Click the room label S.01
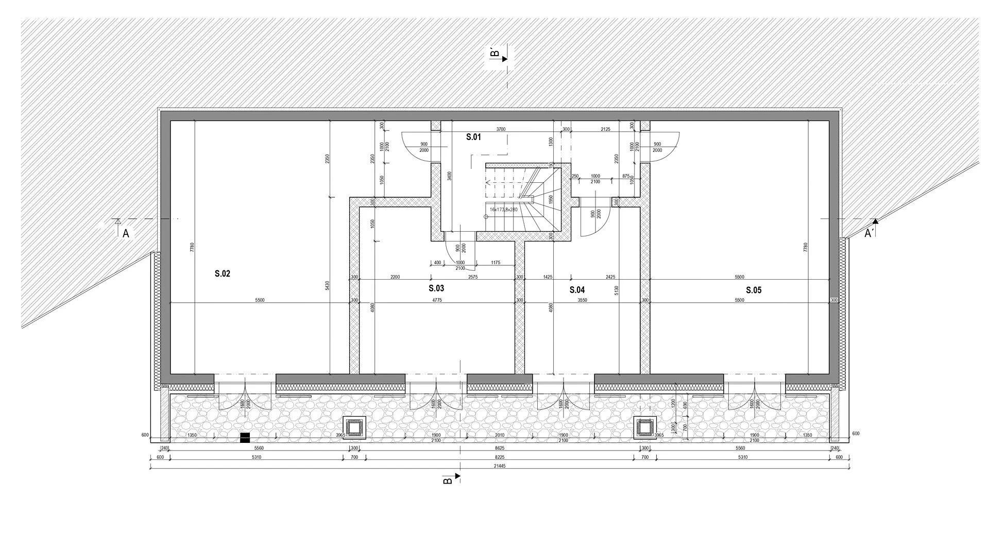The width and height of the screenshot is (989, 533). point(473,137)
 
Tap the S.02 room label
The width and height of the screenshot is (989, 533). point(222,274)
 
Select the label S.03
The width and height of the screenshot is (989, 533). point(436,288)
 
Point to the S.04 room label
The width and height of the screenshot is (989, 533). point(577,290)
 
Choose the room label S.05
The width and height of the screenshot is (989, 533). point(753,290)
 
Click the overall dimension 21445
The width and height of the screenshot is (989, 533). point(499,466)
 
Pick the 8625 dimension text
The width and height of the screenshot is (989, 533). point(499,448)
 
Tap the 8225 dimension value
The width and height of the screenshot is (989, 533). point(499,457)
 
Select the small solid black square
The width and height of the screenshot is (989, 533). point(245,438)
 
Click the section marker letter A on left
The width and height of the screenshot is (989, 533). point(126,234)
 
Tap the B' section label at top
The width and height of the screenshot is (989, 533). point(494,53)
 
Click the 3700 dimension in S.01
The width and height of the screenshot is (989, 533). point(501,129)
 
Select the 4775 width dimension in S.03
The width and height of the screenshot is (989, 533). point(437,300)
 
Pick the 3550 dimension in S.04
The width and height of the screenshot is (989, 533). point(582,300)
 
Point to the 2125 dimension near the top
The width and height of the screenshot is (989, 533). point(605,129)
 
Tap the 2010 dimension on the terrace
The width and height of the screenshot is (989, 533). point(500,436)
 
